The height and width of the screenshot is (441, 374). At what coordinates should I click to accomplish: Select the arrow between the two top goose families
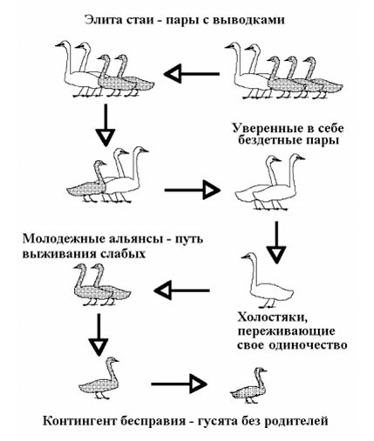[x=192, y=74]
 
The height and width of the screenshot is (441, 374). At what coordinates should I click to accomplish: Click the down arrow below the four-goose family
[x=105, y=125]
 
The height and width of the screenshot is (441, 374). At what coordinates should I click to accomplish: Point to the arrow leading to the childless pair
[x=193, y=190]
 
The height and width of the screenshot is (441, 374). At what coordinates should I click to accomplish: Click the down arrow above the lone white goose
[x=276, y=243]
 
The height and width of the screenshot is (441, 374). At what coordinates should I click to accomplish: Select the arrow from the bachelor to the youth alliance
[x=182, y=291]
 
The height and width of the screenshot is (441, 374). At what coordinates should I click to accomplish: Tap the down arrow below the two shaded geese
[x=99, y=335]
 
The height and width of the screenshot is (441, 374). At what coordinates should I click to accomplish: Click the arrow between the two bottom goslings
[x=179, y=384]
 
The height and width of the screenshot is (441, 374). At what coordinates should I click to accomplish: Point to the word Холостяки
[x=272, y=317]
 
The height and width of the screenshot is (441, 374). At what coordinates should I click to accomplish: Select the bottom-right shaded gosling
[x=248, y=385]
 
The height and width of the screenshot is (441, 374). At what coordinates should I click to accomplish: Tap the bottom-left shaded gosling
[x=99, y=378]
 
